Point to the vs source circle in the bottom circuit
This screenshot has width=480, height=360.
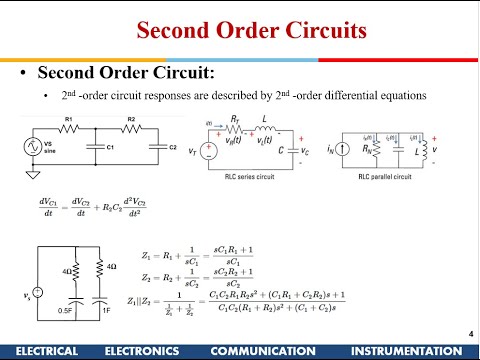36,293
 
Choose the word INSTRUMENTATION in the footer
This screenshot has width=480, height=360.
409,351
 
